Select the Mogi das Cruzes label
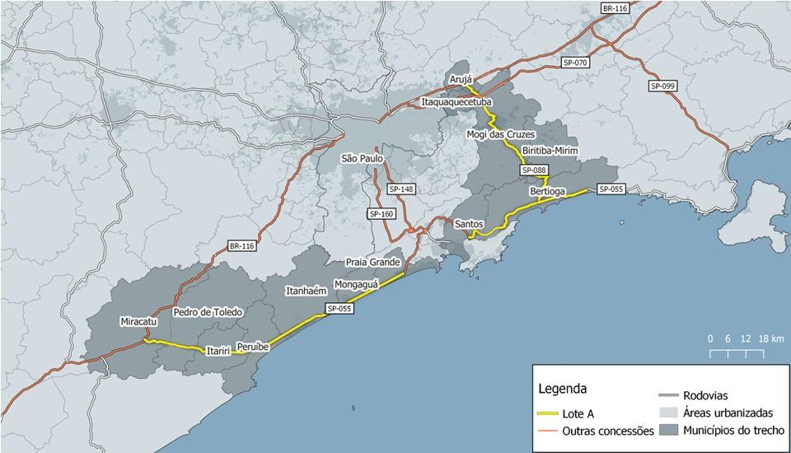[499, 134]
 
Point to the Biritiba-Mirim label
[550, 152]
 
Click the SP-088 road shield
[534, 170]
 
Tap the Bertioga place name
[548, 191]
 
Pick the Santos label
[468, 223]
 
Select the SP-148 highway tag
[401, 189]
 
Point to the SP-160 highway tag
[382, 214]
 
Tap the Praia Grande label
[372, 262]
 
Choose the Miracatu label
[137, 320]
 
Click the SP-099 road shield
[663, 86]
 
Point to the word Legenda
[562, 388]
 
